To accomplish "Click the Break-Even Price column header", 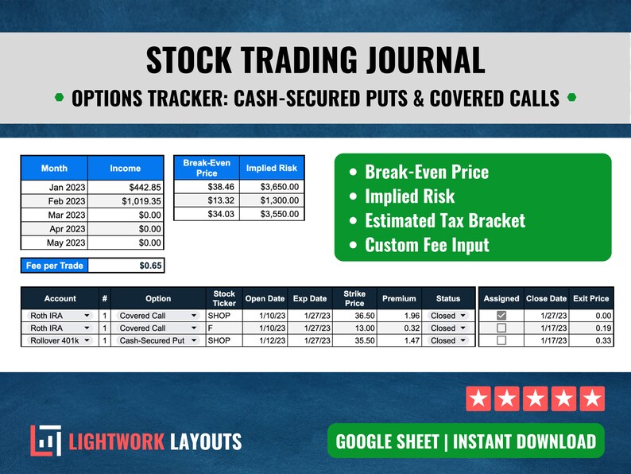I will (206, 168).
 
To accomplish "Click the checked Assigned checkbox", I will (501, 316).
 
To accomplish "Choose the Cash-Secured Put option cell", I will (157, 340).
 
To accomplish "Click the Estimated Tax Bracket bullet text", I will (444, 220).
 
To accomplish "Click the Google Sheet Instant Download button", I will (466, 441).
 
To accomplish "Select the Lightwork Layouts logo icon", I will (45, 441).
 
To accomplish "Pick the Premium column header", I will (399, 298).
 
